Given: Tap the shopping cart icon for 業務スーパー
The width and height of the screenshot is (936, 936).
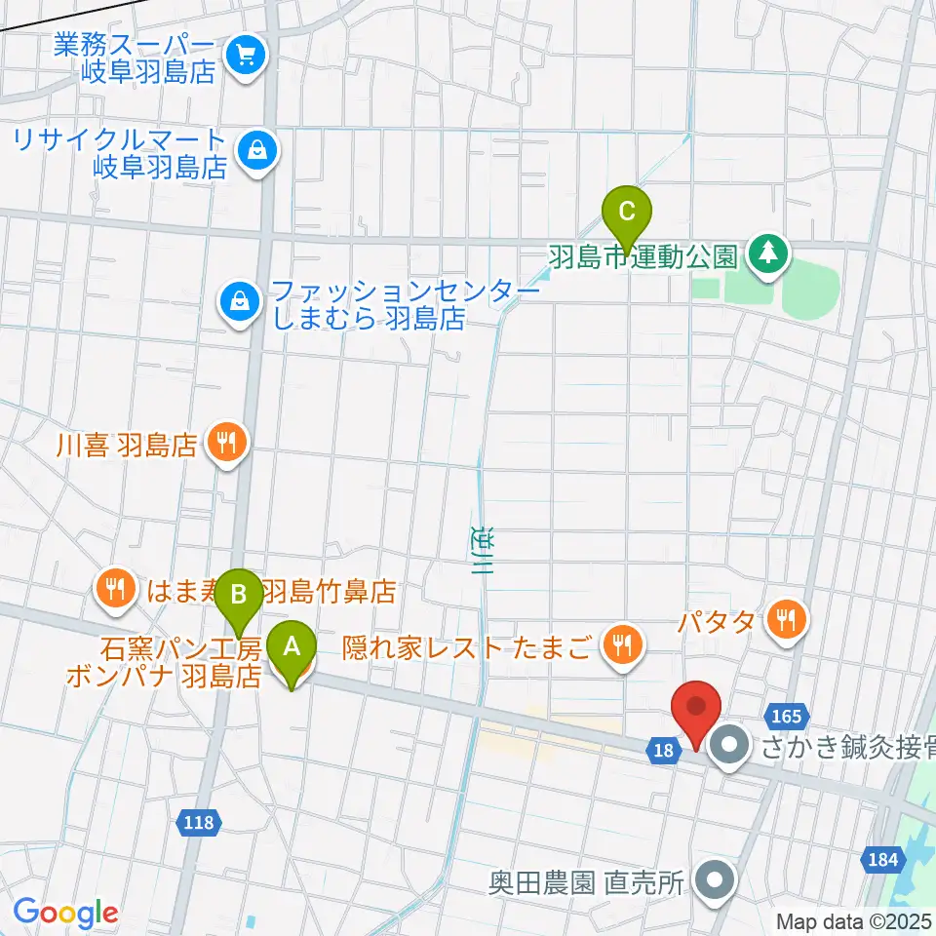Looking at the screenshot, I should [241, 54].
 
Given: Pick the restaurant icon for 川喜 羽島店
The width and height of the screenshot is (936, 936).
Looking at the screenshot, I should [226, 445].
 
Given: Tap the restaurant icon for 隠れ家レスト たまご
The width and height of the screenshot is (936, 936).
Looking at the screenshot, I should [619, 642].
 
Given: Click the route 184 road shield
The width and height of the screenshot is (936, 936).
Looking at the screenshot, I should [880, 859].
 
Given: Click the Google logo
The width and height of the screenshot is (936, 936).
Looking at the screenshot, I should [65, 912].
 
